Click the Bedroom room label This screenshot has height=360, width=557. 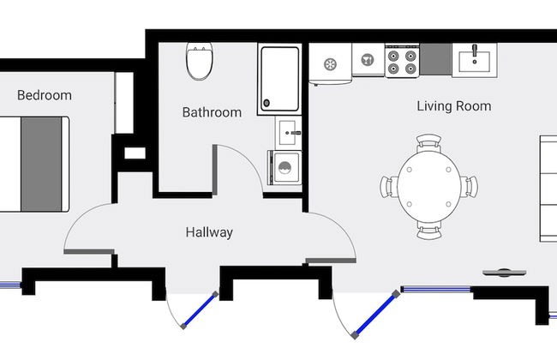(45, 95)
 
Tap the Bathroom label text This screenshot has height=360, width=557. (212, 112)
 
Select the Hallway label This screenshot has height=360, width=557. (209, 232)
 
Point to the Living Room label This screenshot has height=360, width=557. (454, 106)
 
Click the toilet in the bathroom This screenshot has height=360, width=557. (200, 61)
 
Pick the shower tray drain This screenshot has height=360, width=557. (267, 103)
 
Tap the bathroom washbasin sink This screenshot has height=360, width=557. (288, 133)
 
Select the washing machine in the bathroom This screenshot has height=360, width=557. (284, 168)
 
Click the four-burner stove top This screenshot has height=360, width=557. (402, 61)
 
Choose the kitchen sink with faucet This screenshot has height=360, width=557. (474, 60)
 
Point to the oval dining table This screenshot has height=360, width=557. (429, 187)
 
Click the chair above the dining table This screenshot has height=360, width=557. (428, 143)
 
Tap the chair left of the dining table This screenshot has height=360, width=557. (389, 187)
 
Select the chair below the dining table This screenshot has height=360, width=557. (429, 230)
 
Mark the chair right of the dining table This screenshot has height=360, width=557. (470, 187)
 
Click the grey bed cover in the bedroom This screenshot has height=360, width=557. (41, 165)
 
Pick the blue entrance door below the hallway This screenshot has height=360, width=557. (200, 310)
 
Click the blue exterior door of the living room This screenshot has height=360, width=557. (375, 315)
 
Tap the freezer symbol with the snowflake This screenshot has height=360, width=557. (331, 64)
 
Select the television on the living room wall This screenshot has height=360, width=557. (505, 273)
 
